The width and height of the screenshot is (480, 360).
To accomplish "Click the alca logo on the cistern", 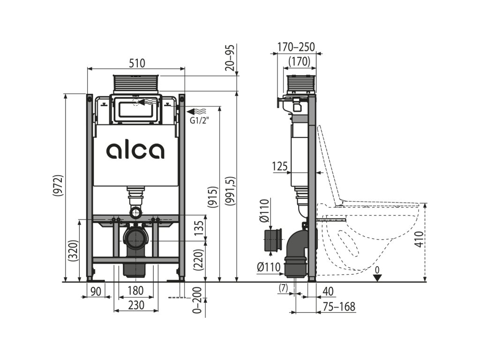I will pyautogui.click(x=135, y=150).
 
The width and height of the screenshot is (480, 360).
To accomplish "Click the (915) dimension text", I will pyautogui.click(x=212, y=200).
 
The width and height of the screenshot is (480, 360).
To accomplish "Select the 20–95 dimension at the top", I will pyautogui.click(x=230, y=57).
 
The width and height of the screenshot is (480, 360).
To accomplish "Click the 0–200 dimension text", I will pyautogui.click(x=197, y=300).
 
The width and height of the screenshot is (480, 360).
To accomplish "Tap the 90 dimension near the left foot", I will pyautogui.click(x=96, y=291).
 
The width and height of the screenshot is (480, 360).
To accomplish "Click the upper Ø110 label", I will pyautogui.click(x=264, y=211).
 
